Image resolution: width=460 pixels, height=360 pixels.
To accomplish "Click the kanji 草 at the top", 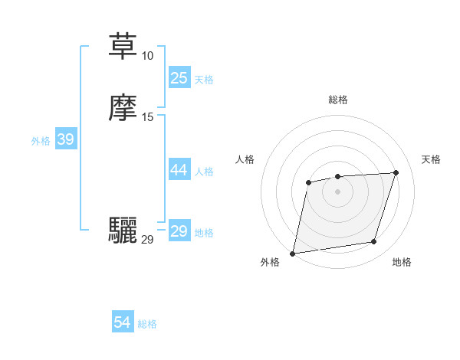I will click(123, 46).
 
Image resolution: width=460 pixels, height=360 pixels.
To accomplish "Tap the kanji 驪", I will click(123, 231).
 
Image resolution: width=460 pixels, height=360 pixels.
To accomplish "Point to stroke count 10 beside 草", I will click(147, 55).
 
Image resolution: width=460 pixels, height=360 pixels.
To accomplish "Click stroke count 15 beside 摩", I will click(147, 117).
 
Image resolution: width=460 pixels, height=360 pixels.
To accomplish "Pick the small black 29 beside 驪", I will click(147, 240).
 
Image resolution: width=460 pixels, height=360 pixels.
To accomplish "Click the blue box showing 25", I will click(179, 78).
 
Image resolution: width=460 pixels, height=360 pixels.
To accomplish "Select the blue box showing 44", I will click(179, 170).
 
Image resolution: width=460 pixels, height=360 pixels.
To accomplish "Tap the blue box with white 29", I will click(179, 231).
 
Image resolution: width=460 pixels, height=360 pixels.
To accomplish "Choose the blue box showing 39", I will click(65, 139).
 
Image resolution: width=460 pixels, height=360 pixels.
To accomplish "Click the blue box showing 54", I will click(123, 323).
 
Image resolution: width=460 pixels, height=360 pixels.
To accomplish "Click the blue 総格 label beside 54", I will click(147, 324).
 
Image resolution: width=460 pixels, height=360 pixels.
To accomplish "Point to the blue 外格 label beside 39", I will click(41, 141).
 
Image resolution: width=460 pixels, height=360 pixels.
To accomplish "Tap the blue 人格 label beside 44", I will click(205, 172).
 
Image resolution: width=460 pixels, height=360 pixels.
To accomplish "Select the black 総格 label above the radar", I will click(338, 100).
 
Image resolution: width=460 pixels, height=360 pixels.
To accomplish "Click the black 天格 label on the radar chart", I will click(431, 159).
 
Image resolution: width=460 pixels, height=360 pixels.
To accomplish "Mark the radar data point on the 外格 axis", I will click(293, 254).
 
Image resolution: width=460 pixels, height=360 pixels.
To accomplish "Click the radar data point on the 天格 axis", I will click(396, 172).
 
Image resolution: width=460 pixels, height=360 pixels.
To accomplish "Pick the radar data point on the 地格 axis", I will click(374, 242).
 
